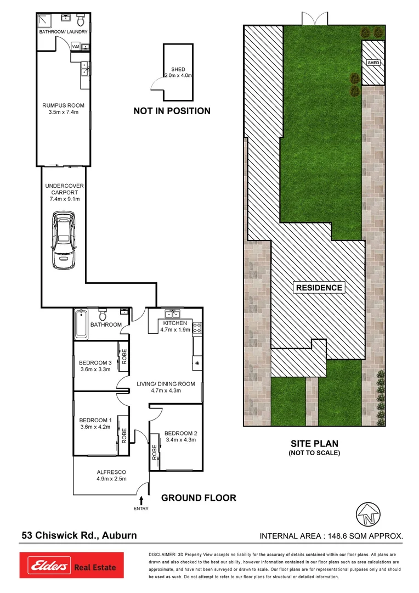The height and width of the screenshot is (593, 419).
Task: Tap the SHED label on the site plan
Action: (x=373, y=63)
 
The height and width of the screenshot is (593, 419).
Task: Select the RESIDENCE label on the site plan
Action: (x=319, y=288)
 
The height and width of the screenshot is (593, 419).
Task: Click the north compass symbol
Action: (x=368, y=514)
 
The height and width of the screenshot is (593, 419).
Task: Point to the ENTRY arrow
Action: (x=142, y=500)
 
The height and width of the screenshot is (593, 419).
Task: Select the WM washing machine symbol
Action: (x=75, y=46)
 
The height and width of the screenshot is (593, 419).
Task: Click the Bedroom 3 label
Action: (x=95, y=362)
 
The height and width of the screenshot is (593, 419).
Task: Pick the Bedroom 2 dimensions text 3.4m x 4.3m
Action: (x=180, y=440)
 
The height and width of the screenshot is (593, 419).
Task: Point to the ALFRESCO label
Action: (x=111, y=472)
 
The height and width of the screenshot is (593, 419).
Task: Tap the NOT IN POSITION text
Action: (x=172, y=111)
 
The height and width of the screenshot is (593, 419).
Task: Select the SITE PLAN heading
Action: (x=314, y=444)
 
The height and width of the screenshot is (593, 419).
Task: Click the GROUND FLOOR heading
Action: (x=198, y=498)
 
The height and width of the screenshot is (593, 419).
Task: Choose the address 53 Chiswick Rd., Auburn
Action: (x=79, y=535)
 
